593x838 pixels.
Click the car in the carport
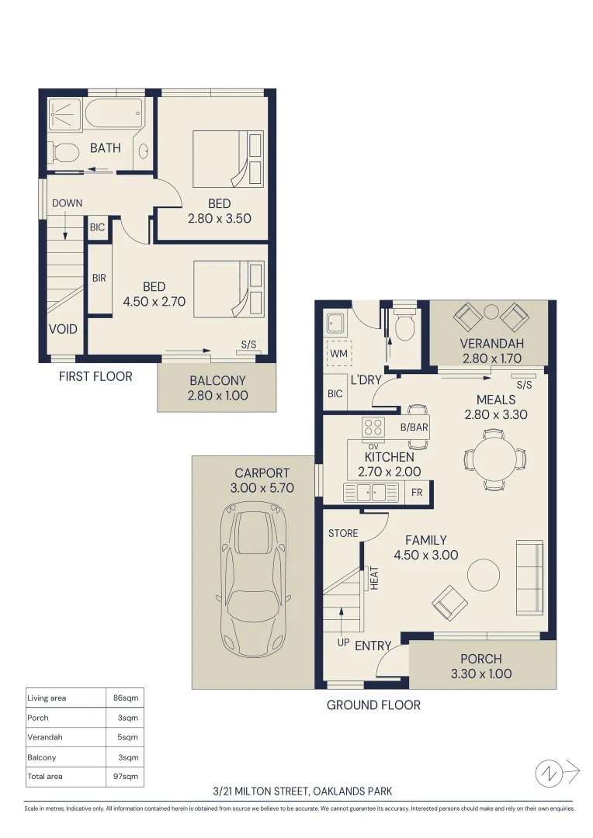coord(254,580)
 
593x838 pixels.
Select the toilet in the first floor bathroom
coord(64,152)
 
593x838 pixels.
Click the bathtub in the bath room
coord(114,113)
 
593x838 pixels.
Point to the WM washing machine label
coord(338,353)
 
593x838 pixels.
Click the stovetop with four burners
coord(373,428)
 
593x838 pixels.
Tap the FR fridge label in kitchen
coord(417,492)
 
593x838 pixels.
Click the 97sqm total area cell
coord(126,776)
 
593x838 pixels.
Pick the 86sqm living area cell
coord(126,698)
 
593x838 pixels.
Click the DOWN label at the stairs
coord(68,203)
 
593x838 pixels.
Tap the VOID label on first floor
coord(63,329)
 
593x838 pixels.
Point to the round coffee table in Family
coord(484,575)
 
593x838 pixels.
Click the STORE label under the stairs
coord(343,533)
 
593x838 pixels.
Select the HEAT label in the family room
coord(374,578)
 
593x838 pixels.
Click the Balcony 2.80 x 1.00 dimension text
coord(217,396)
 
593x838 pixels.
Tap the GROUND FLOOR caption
coord(374,705)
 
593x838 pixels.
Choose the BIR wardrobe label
coord(99,278)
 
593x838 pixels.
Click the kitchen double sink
coord(371,492)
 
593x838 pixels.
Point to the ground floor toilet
coord(404,324)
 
